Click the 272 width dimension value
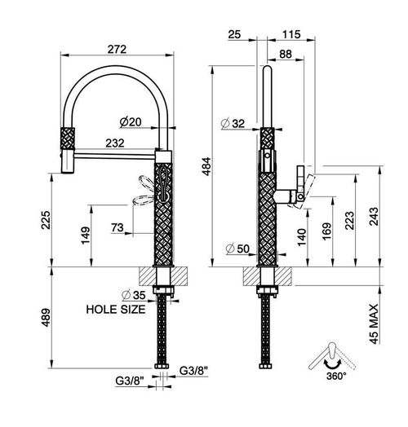[x=117, y=49]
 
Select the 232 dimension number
[x=115, y=143]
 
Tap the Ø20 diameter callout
[x=131, y=122]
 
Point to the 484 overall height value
[x=206, y=166]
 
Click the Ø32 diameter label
[x=233, y=124]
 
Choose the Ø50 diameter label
[x=237, y=249]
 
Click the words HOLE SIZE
[x=116, y=310]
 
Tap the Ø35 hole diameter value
[x=134, y=295]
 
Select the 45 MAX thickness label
[x=374, y=324]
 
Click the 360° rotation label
[x=336, y=376]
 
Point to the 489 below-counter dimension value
[x=46, y=317]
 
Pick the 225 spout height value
[x=46, y=220]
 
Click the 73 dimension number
[x=118, y=227]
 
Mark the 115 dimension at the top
[x=291, y=34]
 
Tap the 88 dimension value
[x=286, y=55]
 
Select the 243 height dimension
[x=374, y=216]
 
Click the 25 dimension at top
[x=234, y=34]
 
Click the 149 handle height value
[x=85, y=236]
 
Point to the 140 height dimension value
[x=302, y=237]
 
